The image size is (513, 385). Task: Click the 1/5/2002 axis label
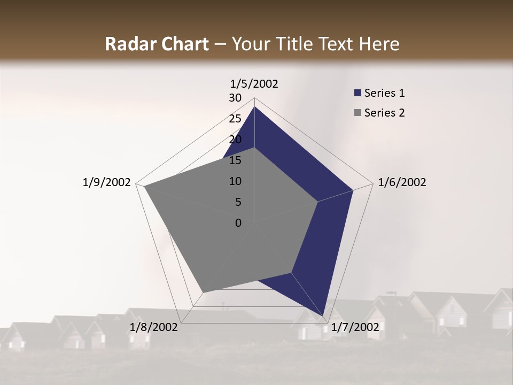pyautogui.click(x=254, y=84)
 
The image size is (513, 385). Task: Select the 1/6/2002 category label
pyautogui.click(x=402, y=182)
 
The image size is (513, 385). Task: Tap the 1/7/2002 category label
pyautogui.click(x=355, y=327)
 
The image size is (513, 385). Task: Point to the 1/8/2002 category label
pyautogui.click(x=154, y=327)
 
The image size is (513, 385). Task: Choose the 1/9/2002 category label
pyautogui.click(x=107, y=182)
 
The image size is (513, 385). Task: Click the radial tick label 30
pyautogui.click(x=235, y=98)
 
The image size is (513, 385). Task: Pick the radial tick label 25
pyautogui.click(x=235, y=119)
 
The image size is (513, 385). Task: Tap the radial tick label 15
pyautogui.click(x=235, y=160)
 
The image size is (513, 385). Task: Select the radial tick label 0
pyautogui.click(x=238, y=223)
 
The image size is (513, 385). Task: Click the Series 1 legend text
pyautogui.click(x=384, y=93)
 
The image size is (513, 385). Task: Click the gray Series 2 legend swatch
pyautogui.click(x=357, y=113)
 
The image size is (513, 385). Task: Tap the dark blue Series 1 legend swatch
pyautogui.click(x=357, y=93)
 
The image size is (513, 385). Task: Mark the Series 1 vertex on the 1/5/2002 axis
pyautogui.click(x=254, y=106)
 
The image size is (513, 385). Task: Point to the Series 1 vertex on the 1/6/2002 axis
pyautogui.click(x=353, y=190)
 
